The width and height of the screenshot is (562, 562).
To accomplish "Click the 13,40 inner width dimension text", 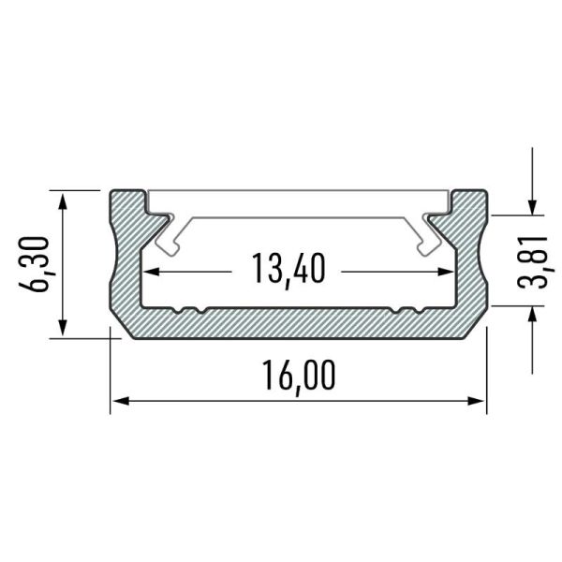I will (288, 270).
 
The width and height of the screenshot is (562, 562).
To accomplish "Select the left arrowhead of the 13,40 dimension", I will (150, 271).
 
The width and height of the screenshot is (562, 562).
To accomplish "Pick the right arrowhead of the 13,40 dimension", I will (448, 271).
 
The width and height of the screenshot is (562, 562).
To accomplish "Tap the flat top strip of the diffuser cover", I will (300, 200).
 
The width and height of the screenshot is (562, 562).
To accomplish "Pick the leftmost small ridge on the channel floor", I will (177, 308).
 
